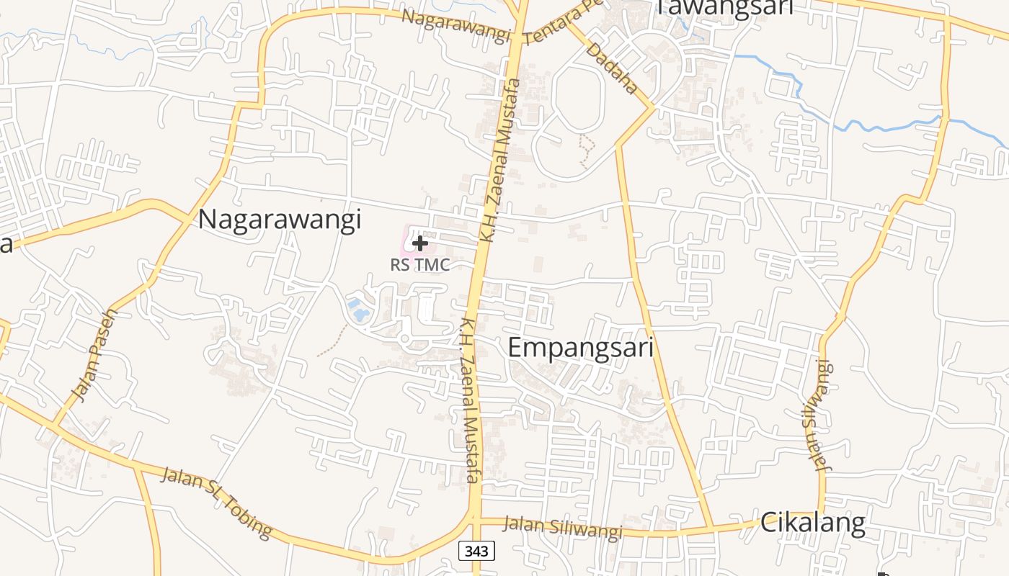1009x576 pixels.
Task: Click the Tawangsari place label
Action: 724,7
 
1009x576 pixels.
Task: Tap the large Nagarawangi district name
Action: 279,220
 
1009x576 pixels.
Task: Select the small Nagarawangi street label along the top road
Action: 455,26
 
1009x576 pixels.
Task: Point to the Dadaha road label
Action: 612,68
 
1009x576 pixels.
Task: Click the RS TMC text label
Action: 419,265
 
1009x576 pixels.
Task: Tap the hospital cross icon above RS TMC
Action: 419,243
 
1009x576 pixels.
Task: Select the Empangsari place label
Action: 580,348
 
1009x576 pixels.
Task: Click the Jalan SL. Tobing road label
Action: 216,503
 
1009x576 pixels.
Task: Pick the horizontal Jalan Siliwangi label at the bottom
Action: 562,528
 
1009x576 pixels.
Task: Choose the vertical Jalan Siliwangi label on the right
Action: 815,415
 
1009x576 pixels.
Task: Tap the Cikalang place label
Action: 812,523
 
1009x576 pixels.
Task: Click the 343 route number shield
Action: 476,552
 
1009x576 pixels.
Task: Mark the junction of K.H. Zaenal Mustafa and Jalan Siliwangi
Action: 474,518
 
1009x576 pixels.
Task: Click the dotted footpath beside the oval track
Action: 587,149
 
